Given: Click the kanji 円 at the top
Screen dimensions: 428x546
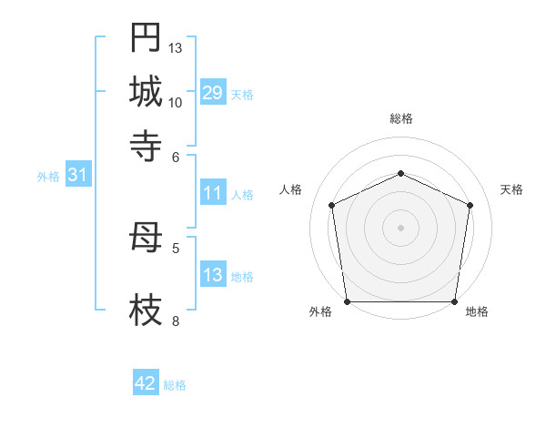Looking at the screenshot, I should pyautogui.click(x=146, y=39).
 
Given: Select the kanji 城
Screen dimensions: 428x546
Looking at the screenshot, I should pyautogui.click(x=146, y=92).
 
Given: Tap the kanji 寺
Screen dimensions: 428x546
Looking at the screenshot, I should pyautogui.click(x=146, y=145).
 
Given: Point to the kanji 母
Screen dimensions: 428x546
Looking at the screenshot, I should pyautogui.click(x=146, y=240).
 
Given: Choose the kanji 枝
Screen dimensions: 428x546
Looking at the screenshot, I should pyautogui.click(x=146, y=312).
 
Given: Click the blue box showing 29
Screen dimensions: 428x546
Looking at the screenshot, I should pyautogui.click(x=212, y=93).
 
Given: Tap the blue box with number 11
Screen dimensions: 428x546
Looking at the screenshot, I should pyautogui.click(x=212, y=193).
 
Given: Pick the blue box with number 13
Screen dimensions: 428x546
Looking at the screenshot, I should pyautogui.click(x=212, y=275).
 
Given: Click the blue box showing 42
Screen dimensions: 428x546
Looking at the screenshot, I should pyautogui.click(x=146, y=383).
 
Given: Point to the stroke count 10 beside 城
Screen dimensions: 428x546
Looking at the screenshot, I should pyautogui.click(x=176, y=103).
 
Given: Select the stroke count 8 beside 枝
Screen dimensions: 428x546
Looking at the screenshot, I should pyautogui.click(x=176, y=321).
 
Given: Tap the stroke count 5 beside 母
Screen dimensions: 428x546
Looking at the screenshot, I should pyautogui.click(x=176, y=247).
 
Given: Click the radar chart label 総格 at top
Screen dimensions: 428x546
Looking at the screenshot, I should pyautogui.click(x=400, y=118).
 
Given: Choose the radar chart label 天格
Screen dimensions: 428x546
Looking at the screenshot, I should pyautogui.click(x=511, y=189).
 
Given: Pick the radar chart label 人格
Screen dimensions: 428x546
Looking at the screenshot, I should pyautogui.click(x=291, y=189).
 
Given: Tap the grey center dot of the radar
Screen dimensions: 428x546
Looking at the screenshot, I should pyautogui.click(x=400, y=227).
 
